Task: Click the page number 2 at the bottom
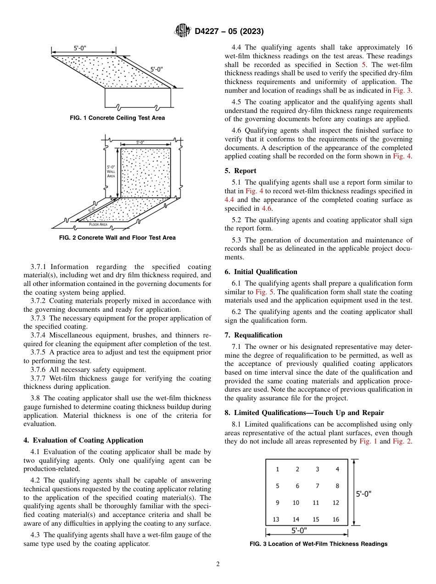tap(218, 564)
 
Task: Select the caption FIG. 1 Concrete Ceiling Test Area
tap(117, 118)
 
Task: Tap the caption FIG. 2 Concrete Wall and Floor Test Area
tap(117, 238)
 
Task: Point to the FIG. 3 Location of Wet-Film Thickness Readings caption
tap(318, 544)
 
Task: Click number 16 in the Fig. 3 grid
tap(336, 519)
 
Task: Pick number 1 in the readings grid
tap(277, 469)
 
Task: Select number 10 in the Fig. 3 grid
tap(296, 503)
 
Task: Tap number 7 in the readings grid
tap(317, 486)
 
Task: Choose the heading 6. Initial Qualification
tap(261, 272)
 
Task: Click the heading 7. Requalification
tap(253, 335)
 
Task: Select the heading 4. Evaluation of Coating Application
tap(83, 440)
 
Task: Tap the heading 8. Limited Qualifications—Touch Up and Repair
tap(304, 413)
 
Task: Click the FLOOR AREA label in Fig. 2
tap(98, 225)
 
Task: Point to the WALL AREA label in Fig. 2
tap(111, 171)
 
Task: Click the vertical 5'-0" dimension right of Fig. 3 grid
tap(363, 494)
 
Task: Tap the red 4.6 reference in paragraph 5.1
tap(266, 208)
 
